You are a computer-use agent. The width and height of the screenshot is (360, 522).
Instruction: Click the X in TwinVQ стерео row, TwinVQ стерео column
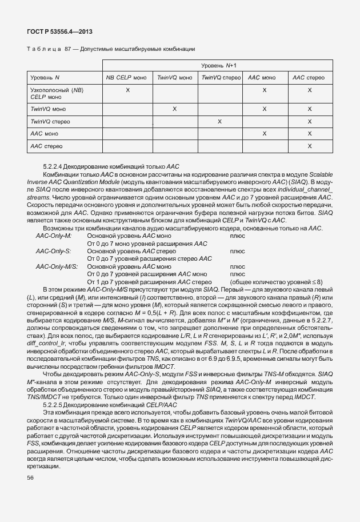(x=219, y=121)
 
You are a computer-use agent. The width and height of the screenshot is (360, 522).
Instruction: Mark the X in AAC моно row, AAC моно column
(x=264, y=134)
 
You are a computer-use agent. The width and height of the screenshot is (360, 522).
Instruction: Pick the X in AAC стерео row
(x=309, y=146)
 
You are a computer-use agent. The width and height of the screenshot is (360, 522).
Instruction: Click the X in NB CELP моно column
(x=127, y=90)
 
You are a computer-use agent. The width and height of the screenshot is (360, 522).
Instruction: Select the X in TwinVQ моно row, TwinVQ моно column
(x=174, y=109)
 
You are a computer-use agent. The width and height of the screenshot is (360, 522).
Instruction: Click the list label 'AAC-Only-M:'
(x=54, y=236)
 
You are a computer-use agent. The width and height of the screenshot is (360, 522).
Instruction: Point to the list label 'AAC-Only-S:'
(x=53, y=251)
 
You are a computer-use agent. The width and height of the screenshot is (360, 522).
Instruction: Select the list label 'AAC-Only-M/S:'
(x=56, y=266)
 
